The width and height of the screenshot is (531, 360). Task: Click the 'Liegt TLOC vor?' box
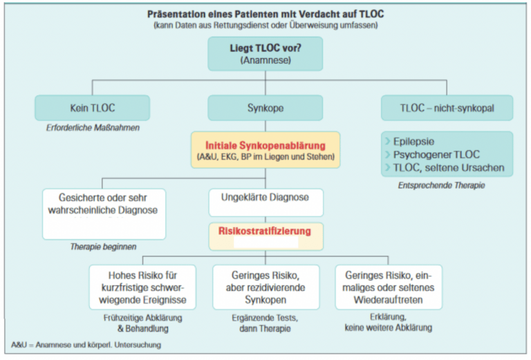click(265, 53)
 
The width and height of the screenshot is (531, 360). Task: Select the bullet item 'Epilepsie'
click(414, 141)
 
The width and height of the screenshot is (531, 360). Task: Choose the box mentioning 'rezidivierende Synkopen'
click(265, 286)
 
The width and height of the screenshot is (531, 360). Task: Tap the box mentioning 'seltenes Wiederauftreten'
click(388, 286)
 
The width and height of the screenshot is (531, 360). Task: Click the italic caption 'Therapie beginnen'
click(103, 247)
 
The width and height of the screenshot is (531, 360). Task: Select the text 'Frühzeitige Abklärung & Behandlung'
click(142, 323)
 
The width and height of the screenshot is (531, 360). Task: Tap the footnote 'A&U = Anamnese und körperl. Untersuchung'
click(86, 344)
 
